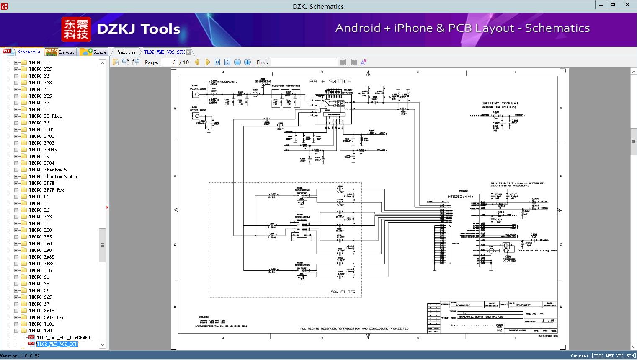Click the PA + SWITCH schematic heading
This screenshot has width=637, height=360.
(330, 81)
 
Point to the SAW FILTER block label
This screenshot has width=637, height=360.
(343, 292)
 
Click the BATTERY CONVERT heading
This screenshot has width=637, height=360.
(500, 103)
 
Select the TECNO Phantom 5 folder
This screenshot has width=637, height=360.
(48, 170)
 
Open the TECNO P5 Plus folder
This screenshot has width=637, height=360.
(45, 116)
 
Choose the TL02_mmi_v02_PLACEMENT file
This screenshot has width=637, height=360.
(64, 337)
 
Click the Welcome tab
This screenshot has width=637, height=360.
(126, 52)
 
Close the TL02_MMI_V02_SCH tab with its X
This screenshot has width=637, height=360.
(188, 52)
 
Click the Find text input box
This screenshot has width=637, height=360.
(304, 62)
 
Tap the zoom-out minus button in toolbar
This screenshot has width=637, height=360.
(237, 62)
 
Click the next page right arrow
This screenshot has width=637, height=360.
(207, 62)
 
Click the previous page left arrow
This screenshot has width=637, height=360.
(197, 62)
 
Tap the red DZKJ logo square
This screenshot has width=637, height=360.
(76, 29)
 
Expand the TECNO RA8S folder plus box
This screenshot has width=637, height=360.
(16, 257)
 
